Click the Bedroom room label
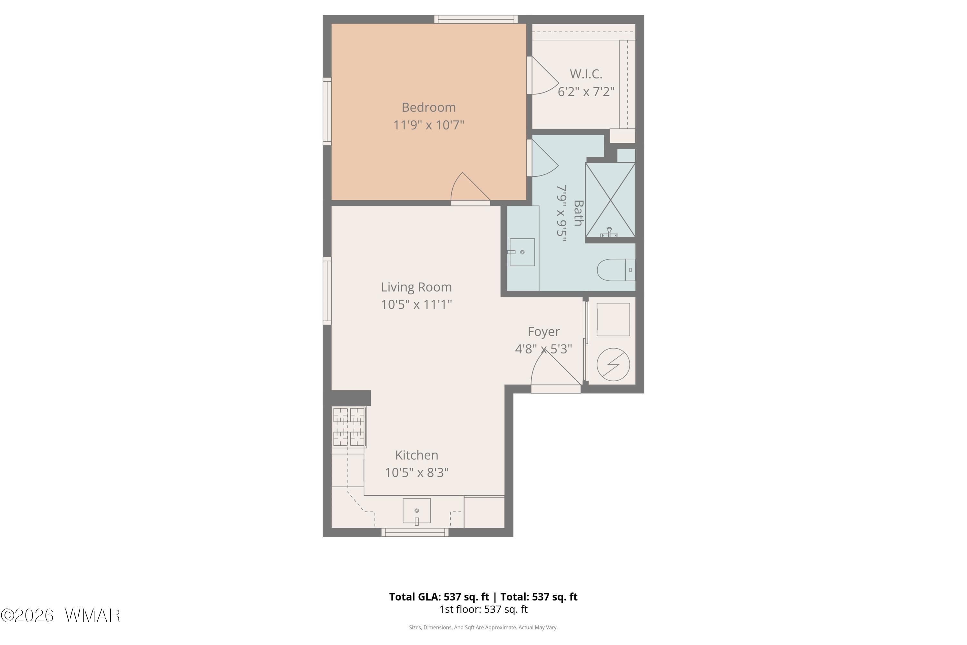coord(428,107)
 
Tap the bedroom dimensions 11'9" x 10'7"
coord(428,124)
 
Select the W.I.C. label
coord(586,74)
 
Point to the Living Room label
coord(416,287)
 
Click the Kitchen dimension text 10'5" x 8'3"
coord(416,472)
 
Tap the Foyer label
coord(543,332)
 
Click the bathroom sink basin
coord(522,252)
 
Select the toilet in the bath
coord(616,270)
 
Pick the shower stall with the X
coord(610,200)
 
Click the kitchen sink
coord(416,511)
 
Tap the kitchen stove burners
coord(349,427)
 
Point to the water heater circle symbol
coord(613,364)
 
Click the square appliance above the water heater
coord(613,320)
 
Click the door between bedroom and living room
coord(470,189)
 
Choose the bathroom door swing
coord(543,158)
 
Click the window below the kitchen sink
coord(415,532)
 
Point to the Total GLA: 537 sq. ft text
coord(439,597)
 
